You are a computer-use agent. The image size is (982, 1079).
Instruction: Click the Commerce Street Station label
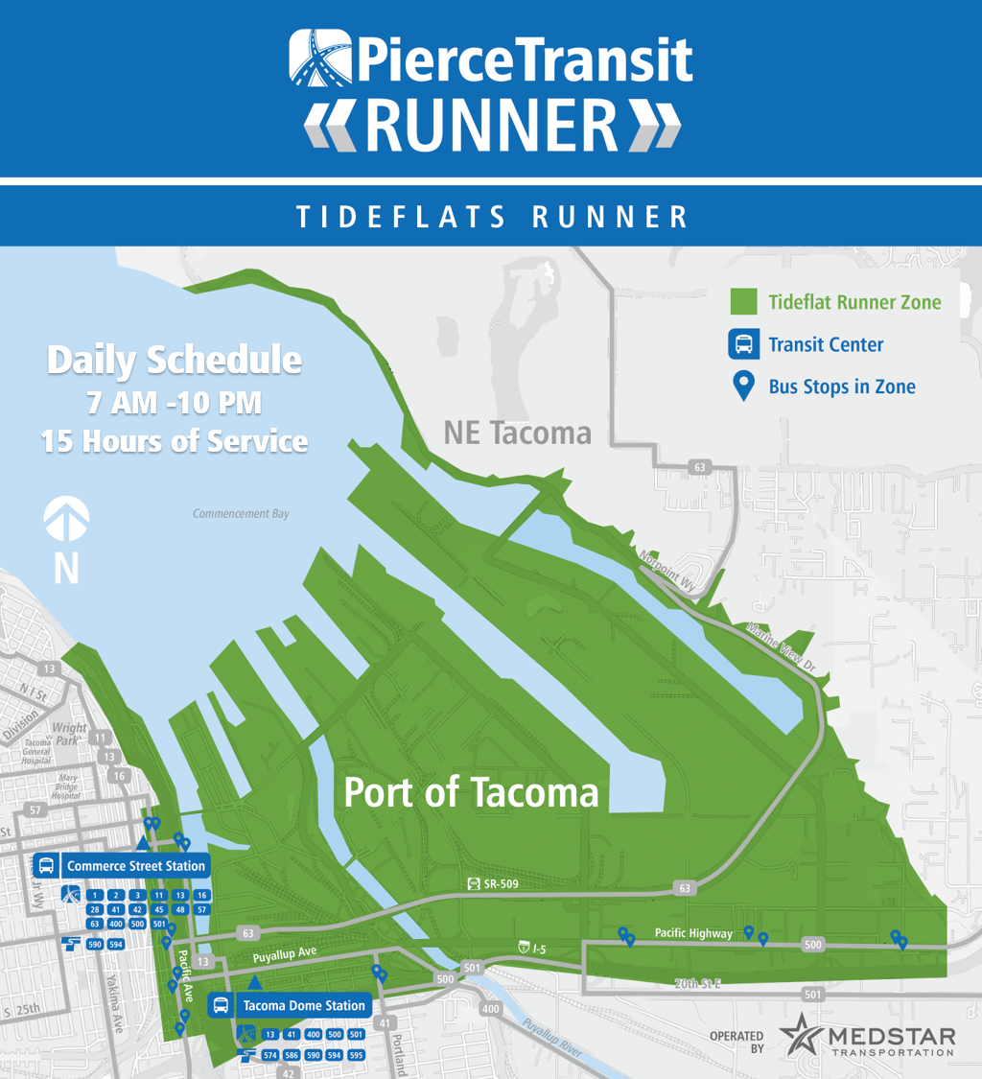(x=135, y=866)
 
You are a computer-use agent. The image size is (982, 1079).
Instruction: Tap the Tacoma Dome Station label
(x=303, y=1006)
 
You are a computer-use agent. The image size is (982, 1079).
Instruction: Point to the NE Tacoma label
(x=517, y=433)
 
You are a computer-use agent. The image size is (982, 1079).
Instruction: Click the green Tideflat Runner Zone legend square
(x=743, y=302)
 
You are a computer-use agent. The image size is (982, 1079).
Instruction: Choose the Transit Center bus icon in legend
(x=743, y=344)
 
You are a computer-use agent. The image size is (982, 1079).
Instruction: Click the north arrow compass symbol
(x=66, y=523)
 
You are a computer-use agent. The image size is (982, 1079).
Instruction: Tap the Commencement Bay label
(x=241, y=514)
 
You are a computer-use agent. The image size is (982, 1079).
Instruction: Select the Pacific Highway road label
(x=693, y=933)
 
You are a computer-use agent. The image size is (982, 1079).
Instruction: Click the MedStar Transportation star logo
(x=799, y=1037)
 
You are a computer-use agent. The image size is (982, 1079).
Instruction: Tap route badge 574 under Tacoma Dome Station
(x=269, y=1055)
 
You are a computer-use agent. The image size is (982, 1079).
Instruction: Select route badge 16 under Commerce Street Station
(x=201, y=895)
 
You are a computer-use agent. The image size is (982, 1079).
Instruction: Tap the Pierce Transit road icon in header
(x=317, y=59)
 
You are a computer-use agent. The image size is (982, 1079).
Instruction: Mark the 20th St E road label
(x=696, y=984)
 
